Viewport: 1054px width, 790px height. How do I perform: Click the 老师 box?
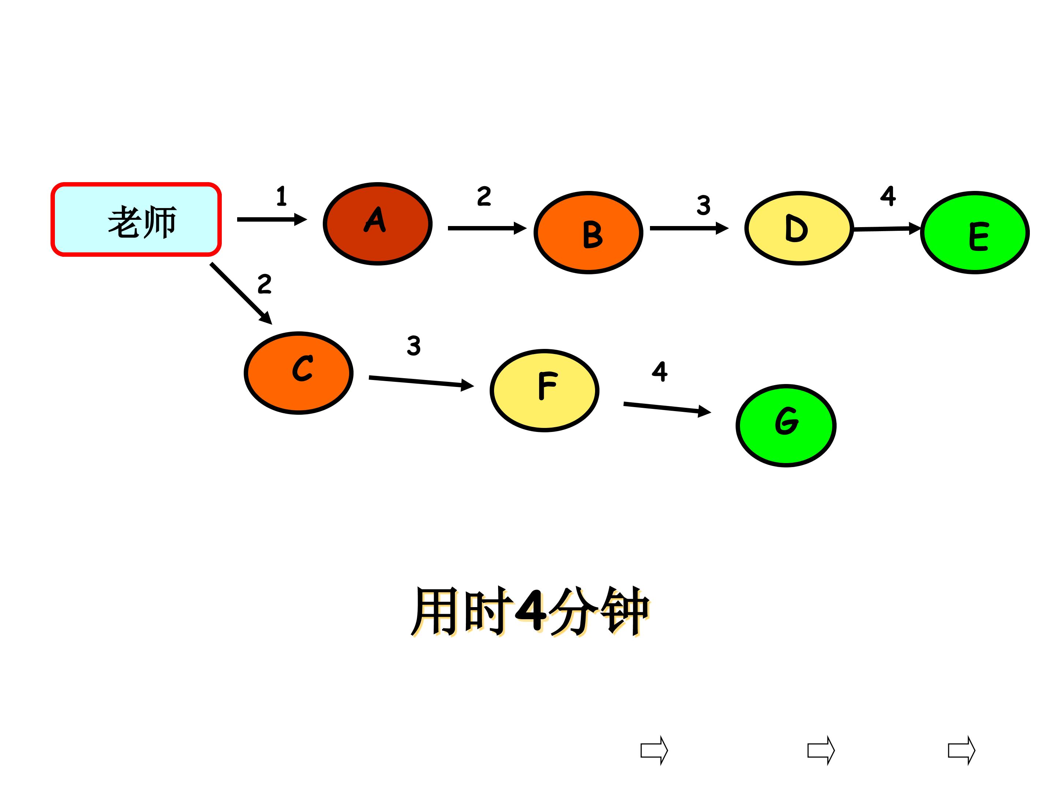click(x=136, y=219)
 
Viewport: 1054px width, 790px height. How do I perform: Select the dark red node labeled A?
click(x=377, y=224)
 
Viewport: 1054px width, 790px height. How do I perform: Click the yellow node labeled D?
click(x=799, y=229)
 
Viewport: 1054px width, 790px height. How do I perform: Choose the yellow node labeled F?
click(x=545, y=391)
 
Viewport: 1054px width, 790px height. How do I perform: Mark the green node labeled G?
click(x=786, y=426)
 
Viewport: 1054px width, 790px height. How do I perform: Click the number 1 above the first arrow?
click(x=281, y=196)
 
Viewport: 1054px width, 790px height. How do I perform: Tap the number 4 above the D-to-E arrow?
click(x=888, y=196)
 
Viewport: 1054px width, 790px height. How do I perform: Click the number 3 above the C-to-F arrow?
click(x=414, y=346)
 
